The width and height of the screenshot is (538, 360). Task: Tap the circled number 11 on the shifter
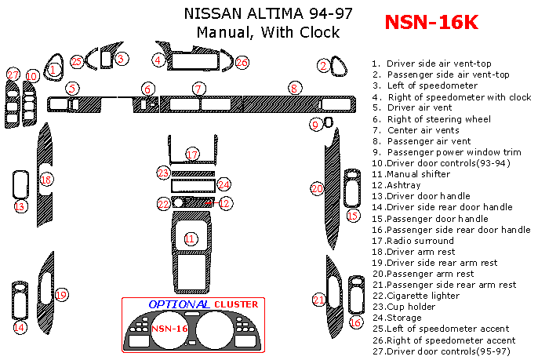tap(190, 238)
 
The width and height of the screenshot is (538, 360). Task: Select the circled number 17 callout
tap(192, 154)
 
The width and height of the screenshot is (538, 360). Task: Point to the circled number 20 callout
tap(317, 188)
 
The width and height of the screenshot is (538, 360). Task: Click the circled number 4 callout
tap(158, 60)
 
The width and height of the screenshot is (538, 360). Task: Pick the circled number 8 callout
tap(293, 89)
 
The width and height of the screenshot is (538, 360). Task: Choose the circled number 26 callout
tap(242, 62)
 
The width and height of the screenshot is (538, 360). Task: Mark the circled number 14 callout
tap(20, 327)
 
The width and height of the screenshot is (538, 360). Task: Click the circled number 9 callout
tap(315, 124)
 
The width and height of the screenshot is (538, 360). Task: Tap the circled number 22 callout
tap(163, 204)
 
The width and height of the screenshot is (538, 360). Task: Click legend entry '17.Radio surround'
tap(413, 241)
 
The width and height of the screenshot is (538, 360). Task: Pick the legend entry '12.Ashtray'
tap(396, 185)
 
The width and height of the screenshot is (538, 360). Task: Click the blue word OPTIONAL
tap(178, 304)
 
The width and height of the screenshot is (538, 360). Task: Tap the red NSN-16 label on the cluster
tap(169, 329)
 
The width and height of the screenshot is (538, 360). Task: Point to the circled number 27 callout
tap(13, 75)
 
